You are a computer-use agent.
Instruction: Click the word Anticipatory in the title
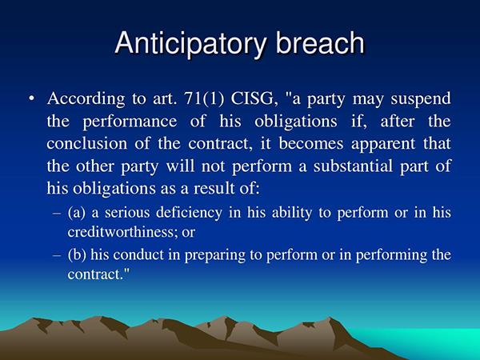pos(190,43)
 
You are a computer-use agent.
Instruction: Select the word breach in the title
pos(320,42)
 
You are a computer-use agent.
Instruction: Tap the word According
pos(86,99)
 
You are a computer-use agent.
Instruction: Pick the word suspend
pos(421,99)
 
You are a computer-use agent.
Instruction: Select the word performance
pos(130,122)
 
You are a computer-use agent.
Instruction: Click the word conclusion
pos(87,143)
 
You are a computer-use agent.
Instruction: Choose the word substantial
pos(353,166)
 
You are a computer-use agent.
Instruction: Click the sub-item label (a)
pos(76,212)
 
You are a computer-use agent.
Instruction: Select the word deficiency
pos(189,213)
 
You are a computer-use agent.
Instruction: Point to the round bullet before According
pos(31,99)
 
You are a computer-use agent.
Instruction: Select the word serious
pos(127,213)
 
